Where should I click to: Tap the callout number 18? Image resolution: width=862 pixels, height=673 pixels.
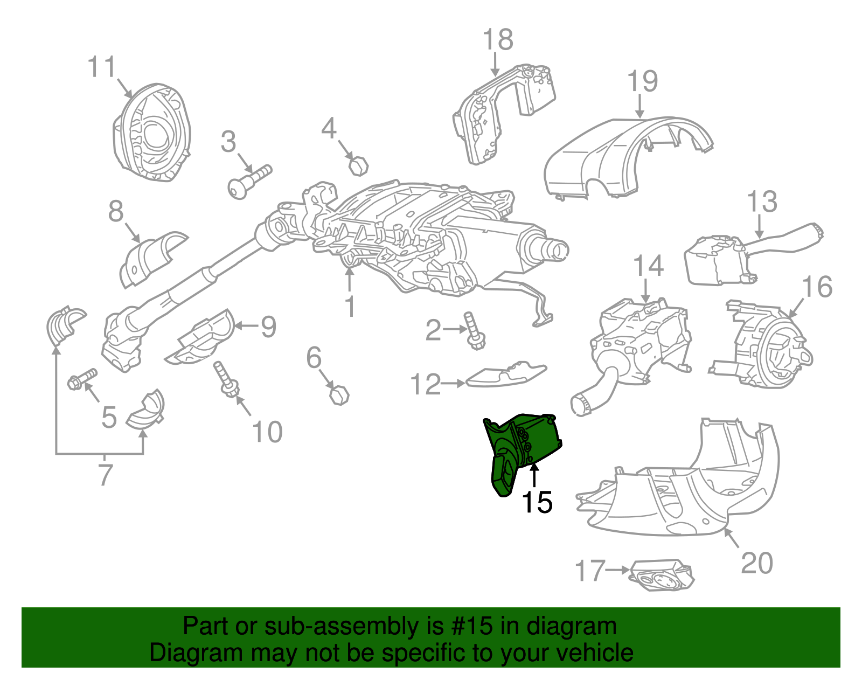(x=497, y=40)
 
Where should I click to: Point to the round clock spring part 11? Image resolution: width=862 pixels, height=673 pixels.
(x=152, y=132)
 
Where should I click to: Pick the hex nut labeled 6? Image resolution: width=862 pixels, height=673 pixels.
(x=339, y=396)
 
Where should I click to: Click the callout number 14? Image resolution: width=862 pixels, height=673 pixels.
(x=648, y=266)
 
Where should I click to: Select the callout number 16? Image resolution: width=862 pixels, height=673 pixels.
(x=817, y=287)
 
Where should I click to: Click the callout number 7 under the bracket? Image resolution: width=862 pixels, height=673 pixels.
(x=105, y=475)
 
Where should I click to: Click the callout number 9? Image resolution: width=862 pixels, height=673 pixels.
(x=268, y=327)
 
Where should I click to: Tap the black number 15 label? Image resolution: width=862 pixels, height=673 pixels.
(x=537, y=502)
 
